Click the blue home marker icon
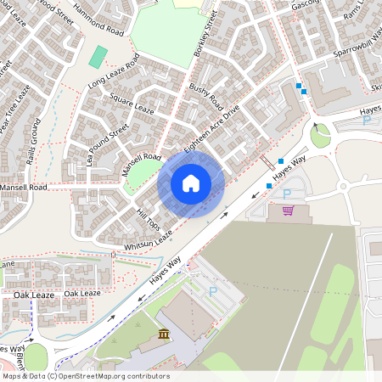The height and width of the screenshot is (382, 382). click(191, 183)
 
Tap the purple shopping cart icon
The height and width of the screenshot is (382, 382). click(288, 210)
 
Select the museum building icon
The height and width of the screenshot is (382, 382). click(163, 338)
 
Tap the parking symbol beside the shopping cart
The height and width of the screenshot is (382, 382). click(286, 193)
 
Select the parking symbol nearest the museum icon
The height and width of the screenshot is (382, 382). click(213, 291)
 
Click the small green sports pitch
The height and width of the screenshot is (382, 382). click(98, 58)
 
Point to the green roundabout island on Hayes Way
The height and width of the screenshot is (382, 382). click(320, 135)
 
